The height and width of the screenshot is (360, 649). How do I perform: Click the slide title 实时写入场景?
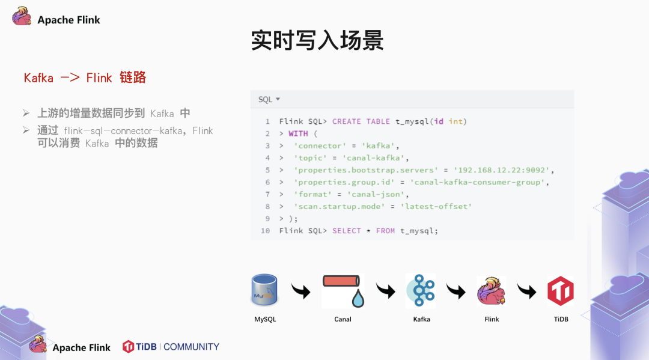317,40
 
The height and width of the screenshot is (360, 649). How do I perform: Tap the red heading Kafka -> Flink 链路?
85,78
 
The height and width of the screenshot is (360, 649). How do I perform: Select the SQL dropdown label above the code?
269,99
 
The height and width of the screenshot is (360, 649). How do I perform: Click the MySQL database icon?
264,290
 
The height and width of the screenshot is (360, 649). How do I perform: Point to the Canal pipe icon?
343,290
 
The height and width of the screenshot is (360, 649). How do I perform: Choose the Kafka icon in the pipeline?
421,290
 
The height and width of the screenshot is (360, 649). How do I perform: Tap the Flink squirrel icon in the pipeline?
491,291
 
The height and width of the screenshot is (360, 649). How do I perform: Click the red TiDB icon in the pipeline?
560,291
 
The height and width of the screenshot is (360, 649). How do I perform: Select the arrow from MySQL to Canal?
301,291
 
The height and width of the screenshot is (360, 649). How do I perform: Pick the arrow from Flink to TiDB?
526,291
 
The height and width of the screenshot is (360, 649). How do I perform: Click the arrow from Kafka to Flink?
456,291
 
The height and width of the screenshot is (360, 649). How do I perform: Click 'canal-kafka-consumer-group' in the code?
478,182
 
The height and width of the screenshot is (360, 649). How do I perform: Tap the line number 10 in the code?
266,231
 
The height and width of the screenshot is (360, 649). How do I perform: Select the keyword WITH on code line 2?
298,133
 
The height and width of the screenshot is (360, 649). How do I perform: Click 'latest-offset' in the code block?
436,206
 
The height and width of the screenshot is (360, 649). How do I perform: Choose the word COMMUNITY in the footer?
191,347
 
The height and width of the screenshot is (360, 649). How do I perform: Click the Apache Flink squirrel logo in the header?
22,17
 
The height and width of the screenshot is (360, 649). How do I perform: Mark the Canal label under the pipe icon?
343,319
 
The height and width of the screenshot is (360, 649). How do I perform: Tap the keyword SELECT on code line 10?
347,231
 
